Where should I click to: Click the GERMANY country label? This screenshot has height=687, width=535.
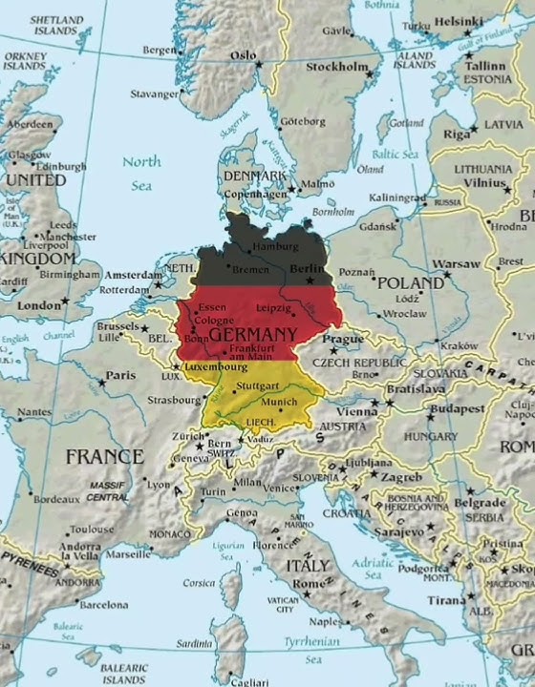252,335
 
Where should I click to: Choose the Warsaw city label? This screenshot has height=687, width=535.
455,262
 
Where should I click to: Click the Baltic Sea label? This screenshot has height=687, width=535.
396,154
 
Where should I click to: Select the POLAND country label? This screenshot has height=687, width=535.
411,283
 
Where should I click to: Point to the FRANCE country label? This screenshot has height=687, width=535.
104,456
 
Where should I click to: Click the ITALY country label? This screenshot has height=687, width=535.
308,565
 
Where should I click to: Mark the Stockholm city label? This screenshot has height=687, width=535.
336,67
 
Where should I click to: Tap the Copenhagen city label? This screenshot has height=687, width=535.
255,193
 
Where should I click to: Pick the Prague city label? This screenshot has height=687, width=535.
343,340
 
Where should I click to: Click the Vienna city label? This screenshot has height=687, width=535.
356,411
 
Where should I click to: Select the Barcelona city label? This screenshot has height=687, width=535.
103,605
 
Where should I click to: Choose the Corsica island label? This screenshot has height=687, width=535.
199,582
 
